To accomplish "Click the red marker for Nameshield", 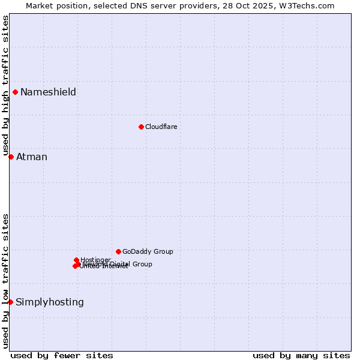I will coord(15,92).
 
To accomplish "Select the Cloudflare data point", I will coord(141,127).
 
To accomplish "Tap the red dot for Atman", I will coord(11,157).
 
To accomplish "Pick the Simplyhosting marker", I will coord(10,302).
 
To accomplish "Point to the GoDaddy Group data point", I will coord(118,251).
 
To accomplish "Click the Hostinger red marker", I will coord(76,260).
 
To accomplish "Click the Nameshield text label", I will coord(48,92).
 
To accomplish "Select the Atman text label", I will coord(31,157).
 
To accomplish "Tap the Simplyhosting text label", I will coord(49,302).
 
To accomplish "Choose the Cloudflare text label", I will coord(161,127).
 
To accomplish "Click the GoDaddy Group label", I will coord(148,251).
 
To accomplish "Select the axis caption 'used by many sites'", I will coord(301,355).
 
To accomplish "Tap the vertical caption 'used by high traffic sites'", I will coord(5,85).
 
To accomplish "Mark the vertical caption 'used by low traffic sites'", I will coord(5,281).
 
